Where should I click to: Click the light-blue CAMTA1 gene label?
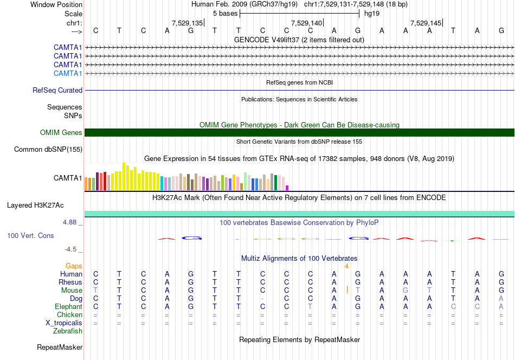[x=68, y=73]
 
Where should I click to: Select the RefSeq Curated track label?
[x=57, y=90]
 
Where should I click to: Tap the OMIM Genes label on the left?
[x=61, y=132]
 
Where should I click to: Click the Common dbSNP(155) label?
[x=48, y=150]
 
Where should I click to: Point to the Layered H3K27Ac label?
[x=35, y=205]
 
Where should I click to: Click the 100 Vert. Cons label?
[x=30, y=235]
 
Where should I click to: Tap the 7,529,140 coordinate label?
[x=307, y=23]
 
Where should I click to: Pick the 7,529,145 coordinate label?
[x=426, y=23]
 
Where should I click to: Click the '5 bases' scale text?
[x=226, y=14]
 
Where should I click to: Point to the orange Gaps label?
[x=74, y=266]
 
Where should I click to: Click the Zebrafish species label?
[x=68, y=331]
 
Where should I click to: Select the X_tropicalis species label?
[x=64, y=323]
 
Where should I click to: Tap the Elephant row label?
[x=69, y=306]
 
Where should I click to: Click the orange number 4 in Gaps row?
[x=346, y=266]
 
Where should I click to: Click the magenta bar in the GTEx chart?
[x=287, y=188]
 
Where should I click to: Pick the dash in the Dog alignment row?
[x=262, y=299]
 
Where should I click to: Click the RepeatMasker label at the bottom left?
[x=60, y=347]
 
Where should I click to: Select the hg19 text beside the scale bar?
[x=372, y=14]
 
